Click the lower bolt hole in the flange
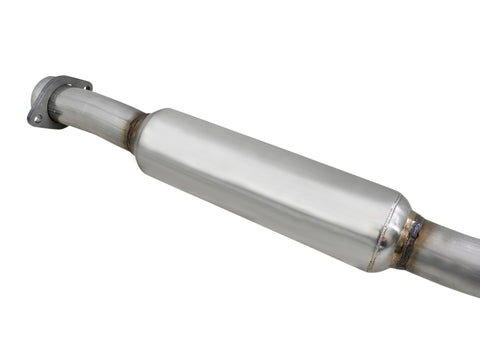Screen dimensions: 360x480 pyautogui.click(x=38, y=118)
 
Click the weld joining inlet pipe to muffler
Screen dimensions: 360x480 pyautogui.click(x=134, y=130)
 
